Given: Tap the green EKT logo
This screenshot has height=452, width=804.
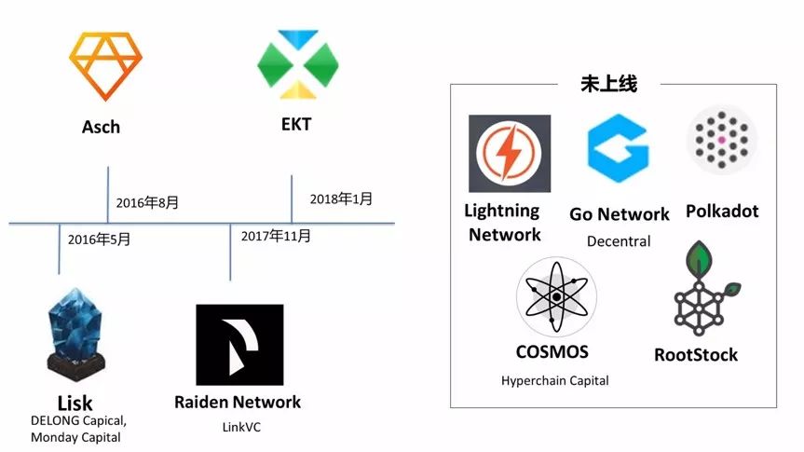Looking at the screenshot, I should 297,64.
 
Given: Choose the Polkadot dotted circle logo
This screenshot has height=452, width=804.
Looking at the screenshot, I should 721,140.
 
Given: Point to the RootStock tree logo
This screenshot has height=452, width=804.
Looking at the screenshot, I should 703,289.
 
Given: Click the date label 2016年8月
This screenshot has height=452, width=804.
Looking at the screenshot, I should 147,203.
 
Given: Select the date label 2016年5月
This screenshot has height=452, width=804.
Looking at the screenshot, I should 99,240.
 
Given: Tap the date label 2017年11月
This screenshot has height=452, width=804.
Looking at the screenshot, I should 275,236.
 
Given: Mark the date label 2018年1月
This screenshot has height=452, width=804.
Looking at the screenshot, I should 341,199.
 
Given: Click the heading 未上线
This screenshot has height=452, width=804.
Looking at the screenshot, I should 610,84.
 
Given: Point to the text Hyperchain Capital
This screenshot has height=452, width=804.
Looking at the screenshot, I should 554,380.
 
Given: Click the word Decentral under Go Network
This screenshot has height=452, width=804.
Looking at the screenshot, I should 619,241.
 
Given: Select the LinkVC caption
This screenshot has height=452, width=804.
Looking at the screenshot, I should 238,426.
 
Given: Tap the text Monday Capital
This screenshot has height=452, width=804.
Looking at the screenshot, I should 75,437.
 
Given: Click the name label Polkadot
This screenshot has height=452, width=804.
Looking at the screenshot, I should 722,211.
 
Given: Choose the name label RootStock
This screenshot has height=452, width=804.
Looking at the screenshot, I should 696,354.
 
